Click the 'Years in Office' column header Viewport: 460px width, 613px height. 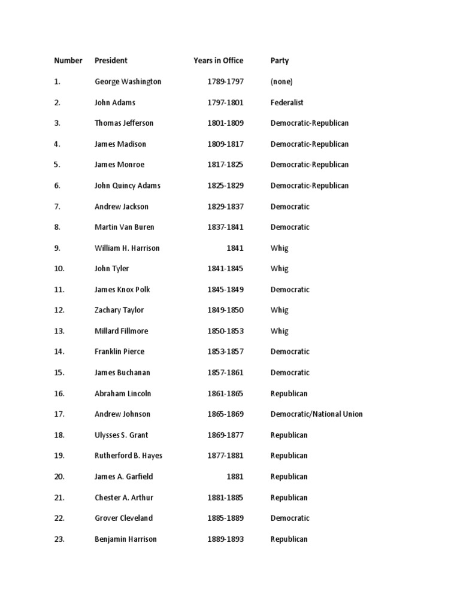pos(218,60)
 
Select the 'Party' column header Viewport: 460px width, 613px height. pos(279,60)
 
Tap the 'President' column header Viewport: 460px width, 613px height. pos(111,60)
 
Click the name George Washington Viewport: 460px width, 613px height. pos(128,81)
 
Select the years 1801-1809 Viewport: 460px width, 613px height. pos(225,123)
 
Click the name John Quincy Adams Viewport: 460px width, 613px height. pos(127,186)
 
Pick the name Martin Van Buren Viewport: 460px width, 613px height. pos(124,227)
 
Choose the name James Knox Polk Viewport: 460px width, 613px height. pos(122,290)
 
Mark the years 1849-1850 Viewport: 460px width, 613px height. pos(225,310)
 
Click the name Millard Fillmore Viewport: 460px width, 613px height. pos(121,331)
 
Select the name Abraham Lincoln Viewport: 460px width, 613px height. pos(123,393)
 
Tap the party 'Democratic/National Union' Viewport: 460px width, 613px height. pos(316,414)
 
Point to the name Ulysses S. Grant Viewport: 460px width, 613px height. pos(121,435)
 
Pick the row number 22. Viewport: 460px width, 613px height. pos(59,518)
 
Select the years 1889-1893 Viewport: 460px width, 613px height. pos(225,539)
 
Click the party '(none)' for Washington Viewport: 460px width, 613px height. pos(282,81)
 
